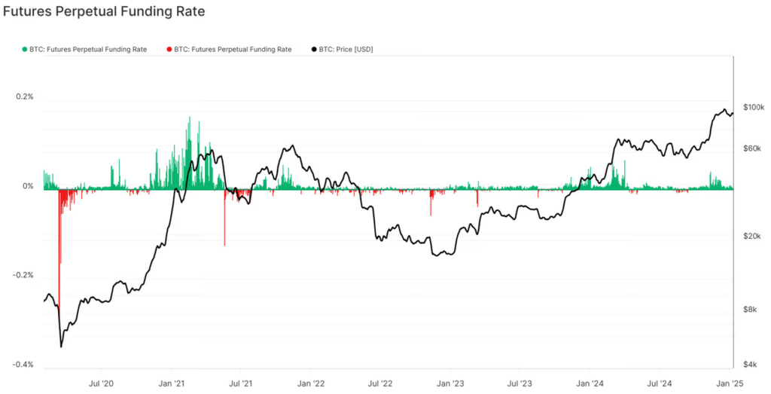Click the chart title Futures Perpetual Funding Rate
[104, 12]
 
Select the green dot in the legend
[25, 50]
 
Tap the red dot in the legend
[170, 50]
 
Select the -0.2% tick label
[23, 275]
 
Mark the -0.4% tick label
[23, 365]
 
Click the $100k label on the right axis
[753, 108]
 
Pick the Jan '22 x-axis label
[311, 383]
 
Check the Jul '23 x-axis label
[521, 383]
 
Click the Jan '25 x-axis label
[730, 383]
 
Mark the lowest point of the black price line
[61, 347]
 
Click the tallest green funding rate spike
[189, 118]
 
